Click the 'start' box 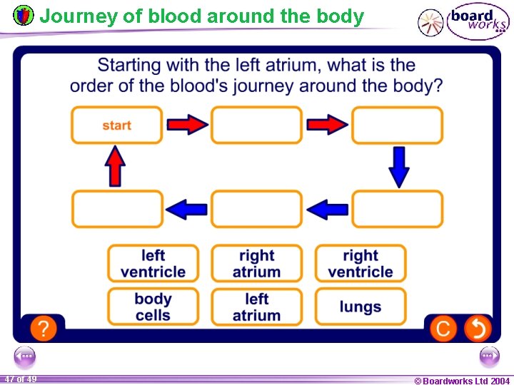[x=116, y=125]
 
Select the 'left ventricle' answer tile [x=153, y=264]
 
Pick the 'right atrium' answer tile [x=256, y=264]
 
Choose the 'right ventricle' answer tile [x=361, y=264]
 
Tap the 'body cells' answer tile [x=153, y=307]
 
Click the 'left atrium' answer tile [x=256, y=307]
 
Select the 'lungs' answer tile [x=361, y=307]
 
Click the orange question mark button [x=44, y=329]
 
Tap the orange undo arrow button [x=478, y=329]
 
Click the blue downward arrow [x=399, y=167]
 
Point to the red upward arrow [x=115, y=167]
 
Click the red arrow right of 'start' [x=187, y=125]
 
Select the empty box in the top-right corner [x=397, y=125]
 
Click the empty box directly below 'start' [x=117, y=210]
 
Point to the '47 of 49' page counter [x=20, y=379]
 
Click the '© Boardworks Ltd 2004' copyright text [x=462, y=381]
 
